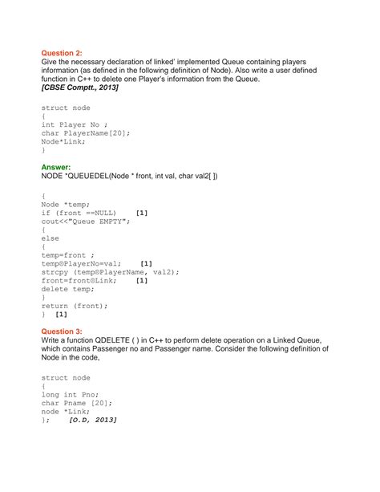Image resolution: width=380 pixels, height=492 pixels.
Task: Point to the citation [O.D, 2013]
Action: (93, 420)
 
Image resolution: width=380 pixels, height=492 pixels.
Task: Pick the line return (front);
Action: (74, 306)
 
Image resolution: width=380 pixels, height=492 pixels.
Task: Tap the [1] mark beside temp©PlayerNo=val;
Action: (146, 263)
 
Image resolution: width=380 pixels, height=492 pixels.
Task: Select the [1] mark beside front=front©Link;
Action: (141, 280)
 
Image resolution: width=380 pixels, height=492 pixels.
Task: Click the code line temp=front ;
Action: (68, 254)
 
